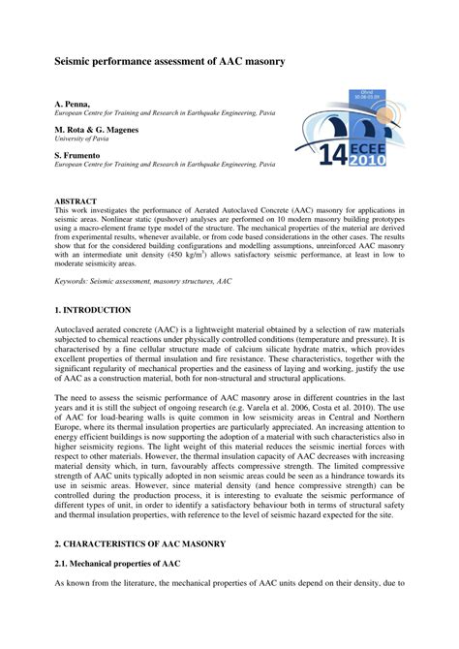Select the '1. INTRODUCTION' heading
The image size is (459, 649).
(93, 310)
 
